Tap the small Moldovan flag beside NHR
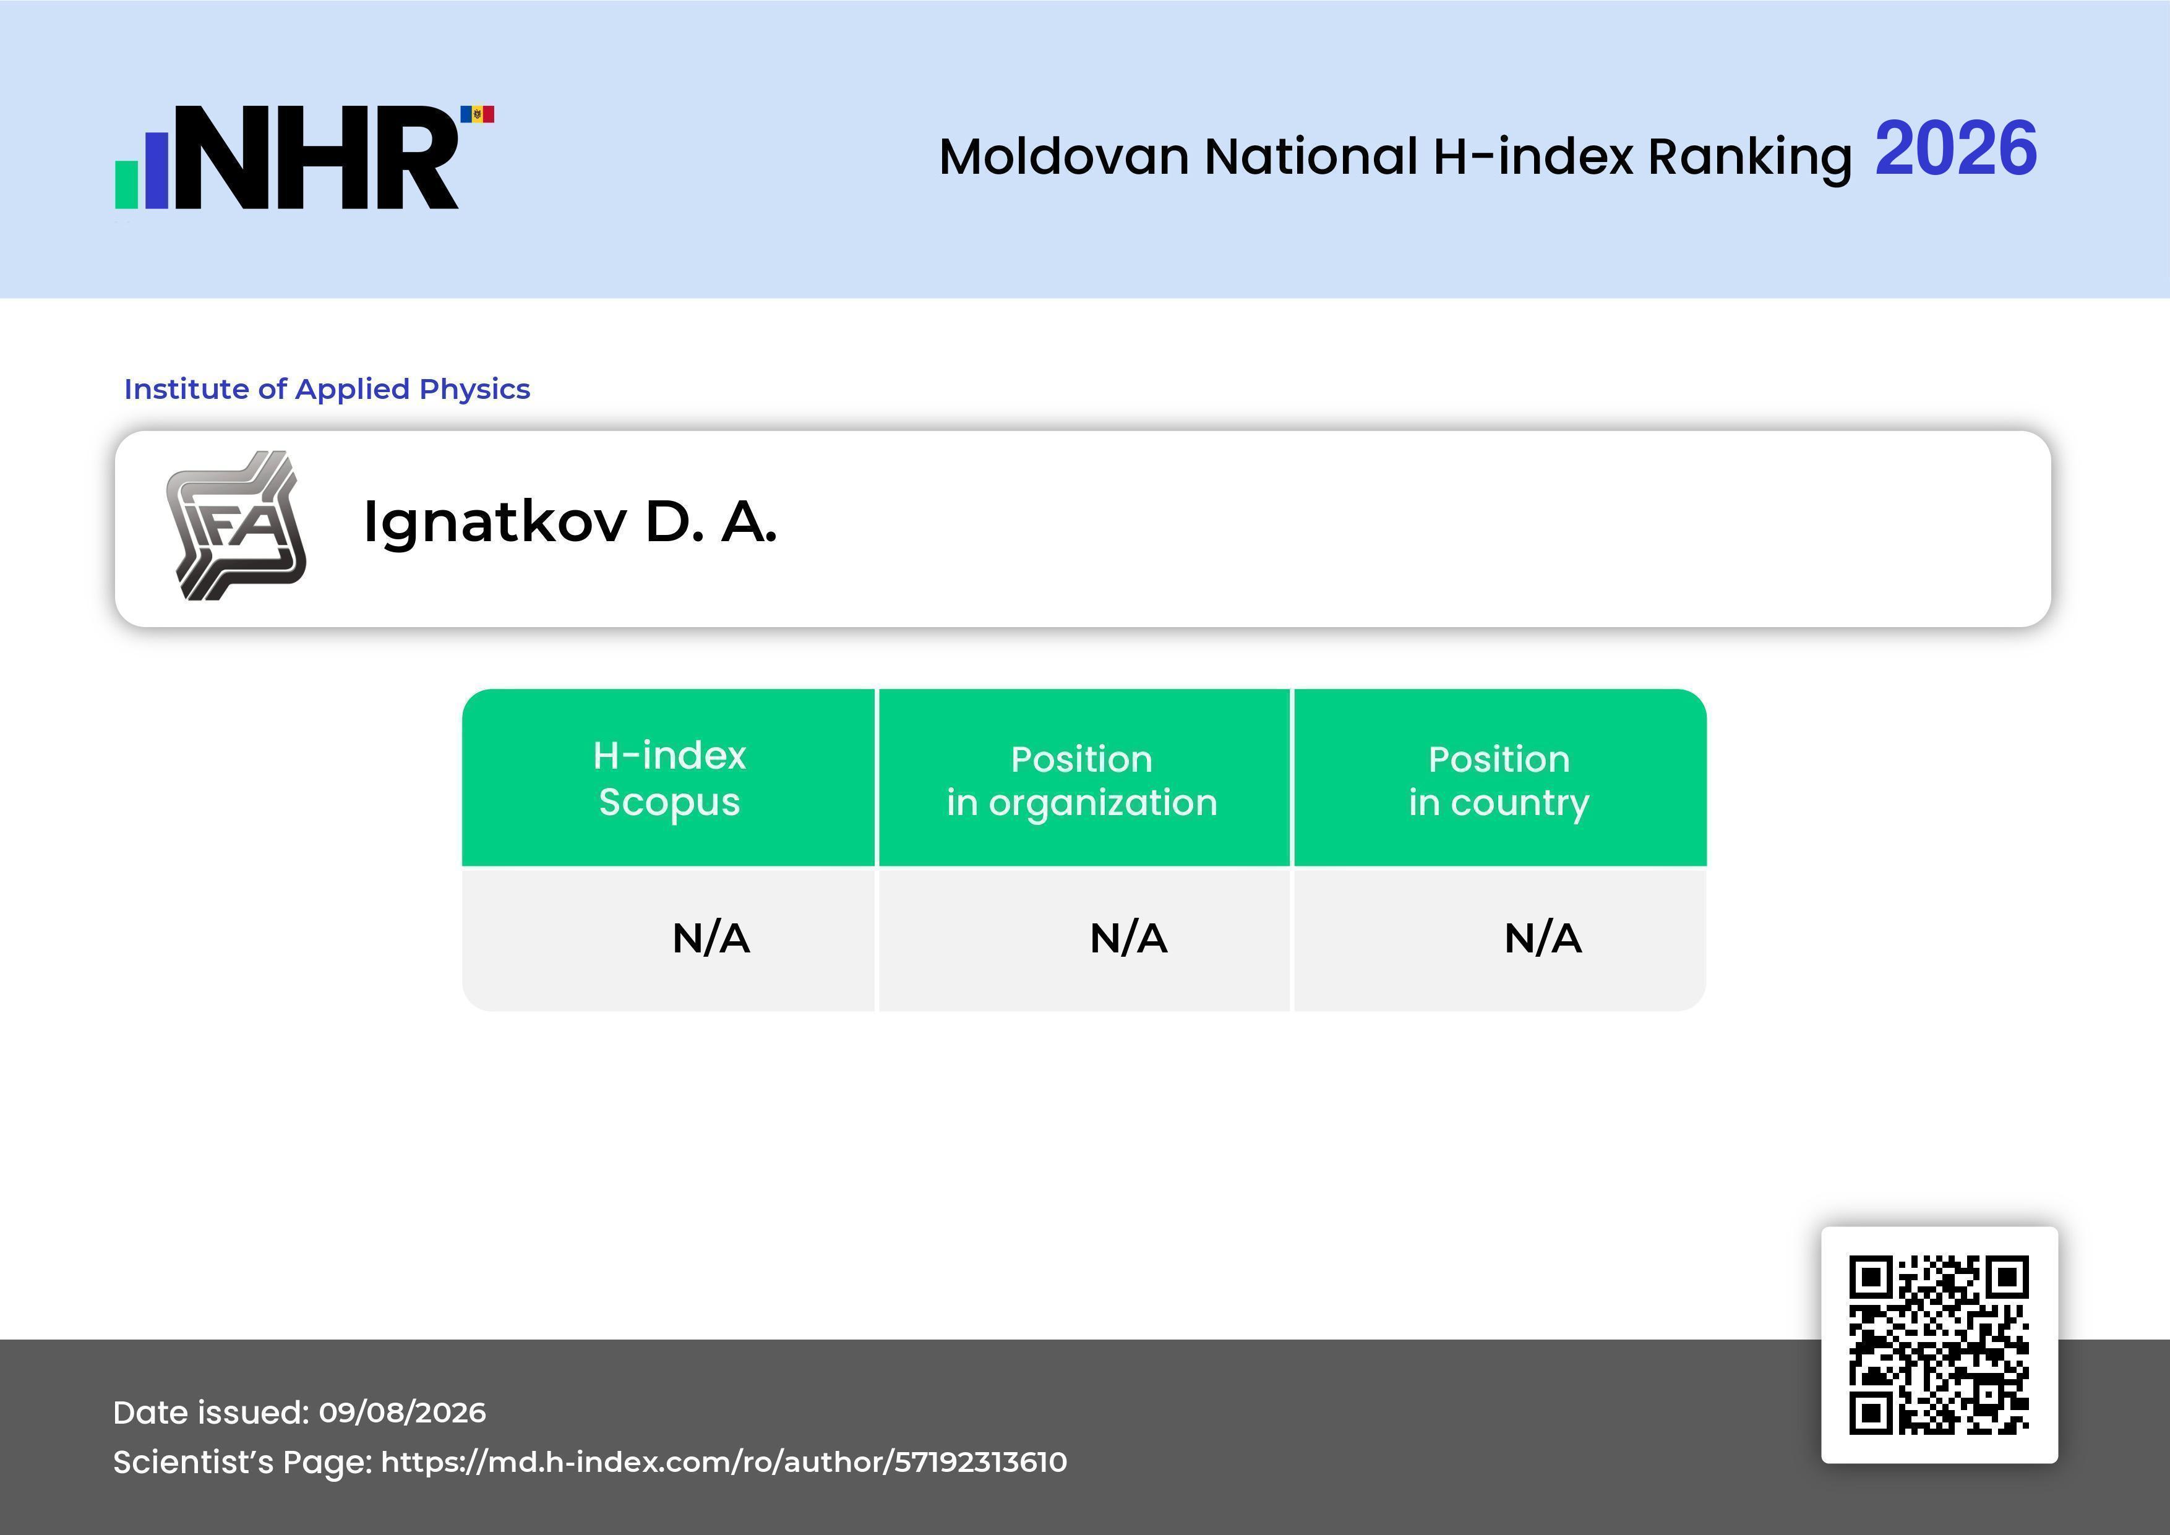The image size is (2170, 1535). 478,114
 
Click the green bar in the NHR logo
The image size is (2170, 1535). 127,184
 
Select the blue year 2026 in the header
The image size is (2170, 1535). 1955,148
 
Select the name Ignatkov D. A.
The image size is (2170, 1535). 570,523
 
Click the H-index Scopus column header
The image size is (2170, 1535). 669,779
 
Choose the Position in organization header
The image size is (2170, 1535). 1082,780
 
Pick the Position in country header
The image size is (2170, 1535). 1499,780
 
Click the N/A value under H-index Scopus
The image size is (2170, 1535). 711,939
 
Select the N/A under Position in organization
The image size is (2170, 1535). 1128,939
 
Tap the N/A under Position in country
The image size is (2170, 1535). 1542,939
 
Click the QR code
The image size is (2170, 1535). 1939,1345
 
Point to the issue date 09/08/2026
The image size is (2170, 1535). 403,1412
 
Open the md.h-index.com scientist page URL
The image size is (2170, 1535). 724,1462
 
